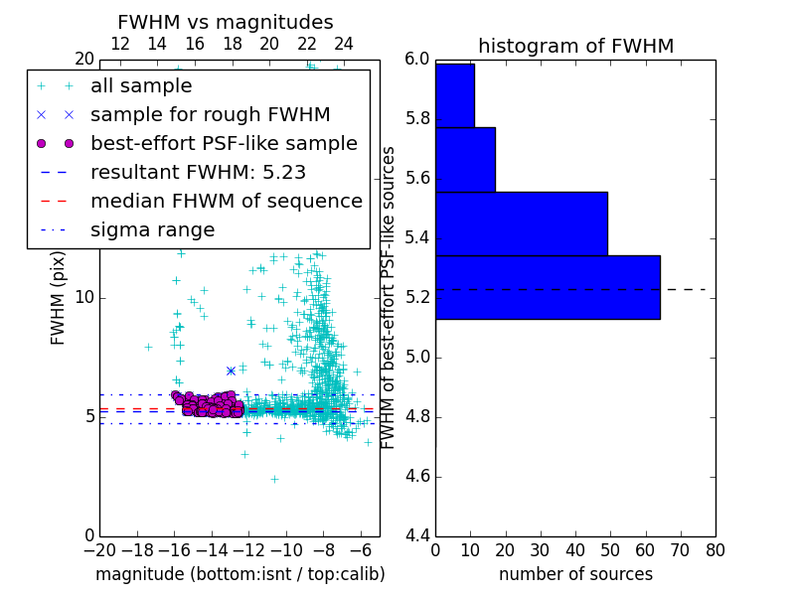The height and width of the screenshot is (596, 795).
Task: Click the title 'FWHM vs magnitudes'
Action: click(x=225, y=22)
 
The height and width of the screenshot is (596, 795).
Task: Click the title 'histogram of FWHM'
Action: click(x=575, y=46)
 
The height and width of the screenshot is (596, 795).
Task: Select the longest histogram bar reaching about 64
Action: click(x=548, y=287)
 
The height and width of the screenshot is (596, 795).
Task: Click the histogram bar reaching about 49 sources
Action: click(x=521, y=223)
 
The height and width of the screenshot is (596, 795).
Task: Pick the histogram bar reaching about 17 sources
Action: click(x=465, y=159)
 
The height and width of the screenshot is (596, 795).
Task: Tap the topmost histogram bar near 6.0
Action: click(x=454, y=95)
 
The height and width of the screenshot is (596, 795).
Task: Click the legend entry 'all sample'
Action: click(x=141, y=86)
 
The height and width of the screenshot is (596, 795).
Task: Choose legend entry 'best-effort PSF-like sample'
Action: click(x=224, y=143)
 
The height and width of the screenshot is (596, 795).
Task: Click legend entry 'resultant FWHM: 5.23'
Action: click(x=198, y=172)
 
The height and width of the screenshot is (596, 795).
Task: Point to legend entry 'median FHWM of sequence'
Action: click(x=226, y=201)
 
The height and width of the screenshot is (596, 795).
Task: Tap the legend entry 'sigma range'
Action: click(x=152, y=229)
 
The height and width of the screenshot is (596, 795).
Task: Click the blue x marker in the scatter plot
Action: click(x=231, y=371)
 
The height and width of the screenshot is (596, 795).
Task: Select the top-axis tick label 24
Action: click(x=344, y=44)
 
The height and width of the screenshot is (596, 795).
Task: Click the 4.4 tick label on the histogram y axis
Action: click(x=417, y=535)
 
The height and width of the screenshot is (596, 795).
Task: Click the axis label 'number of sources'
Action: click(x=575, y=574)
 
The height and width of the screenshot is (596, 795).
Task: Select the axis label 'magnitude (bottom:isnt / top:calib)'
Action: click(x=239, y=574)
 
